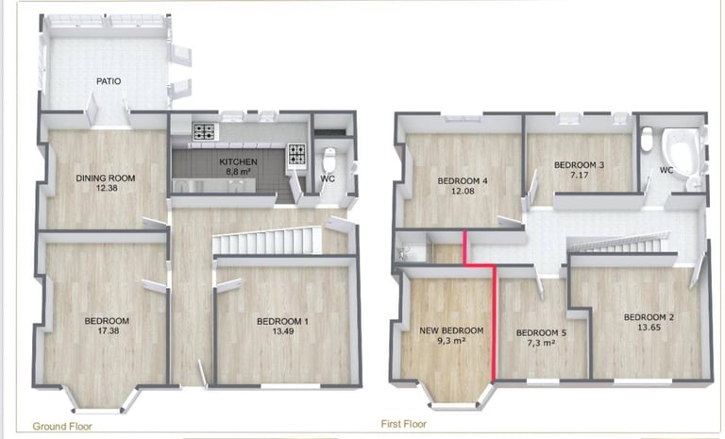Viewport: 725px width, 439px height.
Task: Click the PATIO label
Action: pyautogui.click(x=109, y=81)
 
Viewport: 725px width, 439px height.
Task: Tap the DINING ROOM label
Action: pyautogui.click(x=106, y=177)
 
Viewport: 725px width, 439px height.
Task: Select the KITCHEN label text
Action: pyautogui.click(x=237, y=161)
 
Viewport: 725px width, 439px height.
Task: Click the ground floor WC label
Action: pyautogui.click(x=328, y=177)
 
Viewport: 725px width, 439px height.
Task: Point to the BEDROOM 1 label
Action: pyautogui.click(x=282, y=321)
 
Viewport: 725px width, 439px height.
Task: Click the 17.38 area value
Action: pyautogui.click(x=107, y=330)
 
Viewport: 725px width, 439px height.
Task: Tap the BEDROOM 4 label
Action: pyautogui.click(x=463, y=181)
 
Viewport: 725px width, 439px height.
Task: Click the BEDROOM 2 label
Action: pyautogui.click(x=649, y=316)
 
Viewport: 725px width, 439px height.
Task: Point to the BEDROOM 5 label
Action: pyautogui.click(x=542, y=332)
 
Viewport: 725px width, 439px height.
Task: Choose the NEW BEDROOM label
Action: pyautogui.click(x=451, y=330)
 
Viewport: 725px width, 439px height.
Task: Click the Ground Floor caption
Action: pyautogui.click(x=62, y=427)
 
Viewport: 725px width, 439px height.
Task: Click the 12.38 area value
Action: pyautogui.click(x=106, y=188)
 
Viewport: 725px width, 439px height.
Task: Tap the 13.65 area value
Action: pyautogui.click(x=649, y=327)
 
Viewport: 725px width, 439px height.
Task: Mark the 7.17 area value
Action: pyautogui.click(x=579, y=175)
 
